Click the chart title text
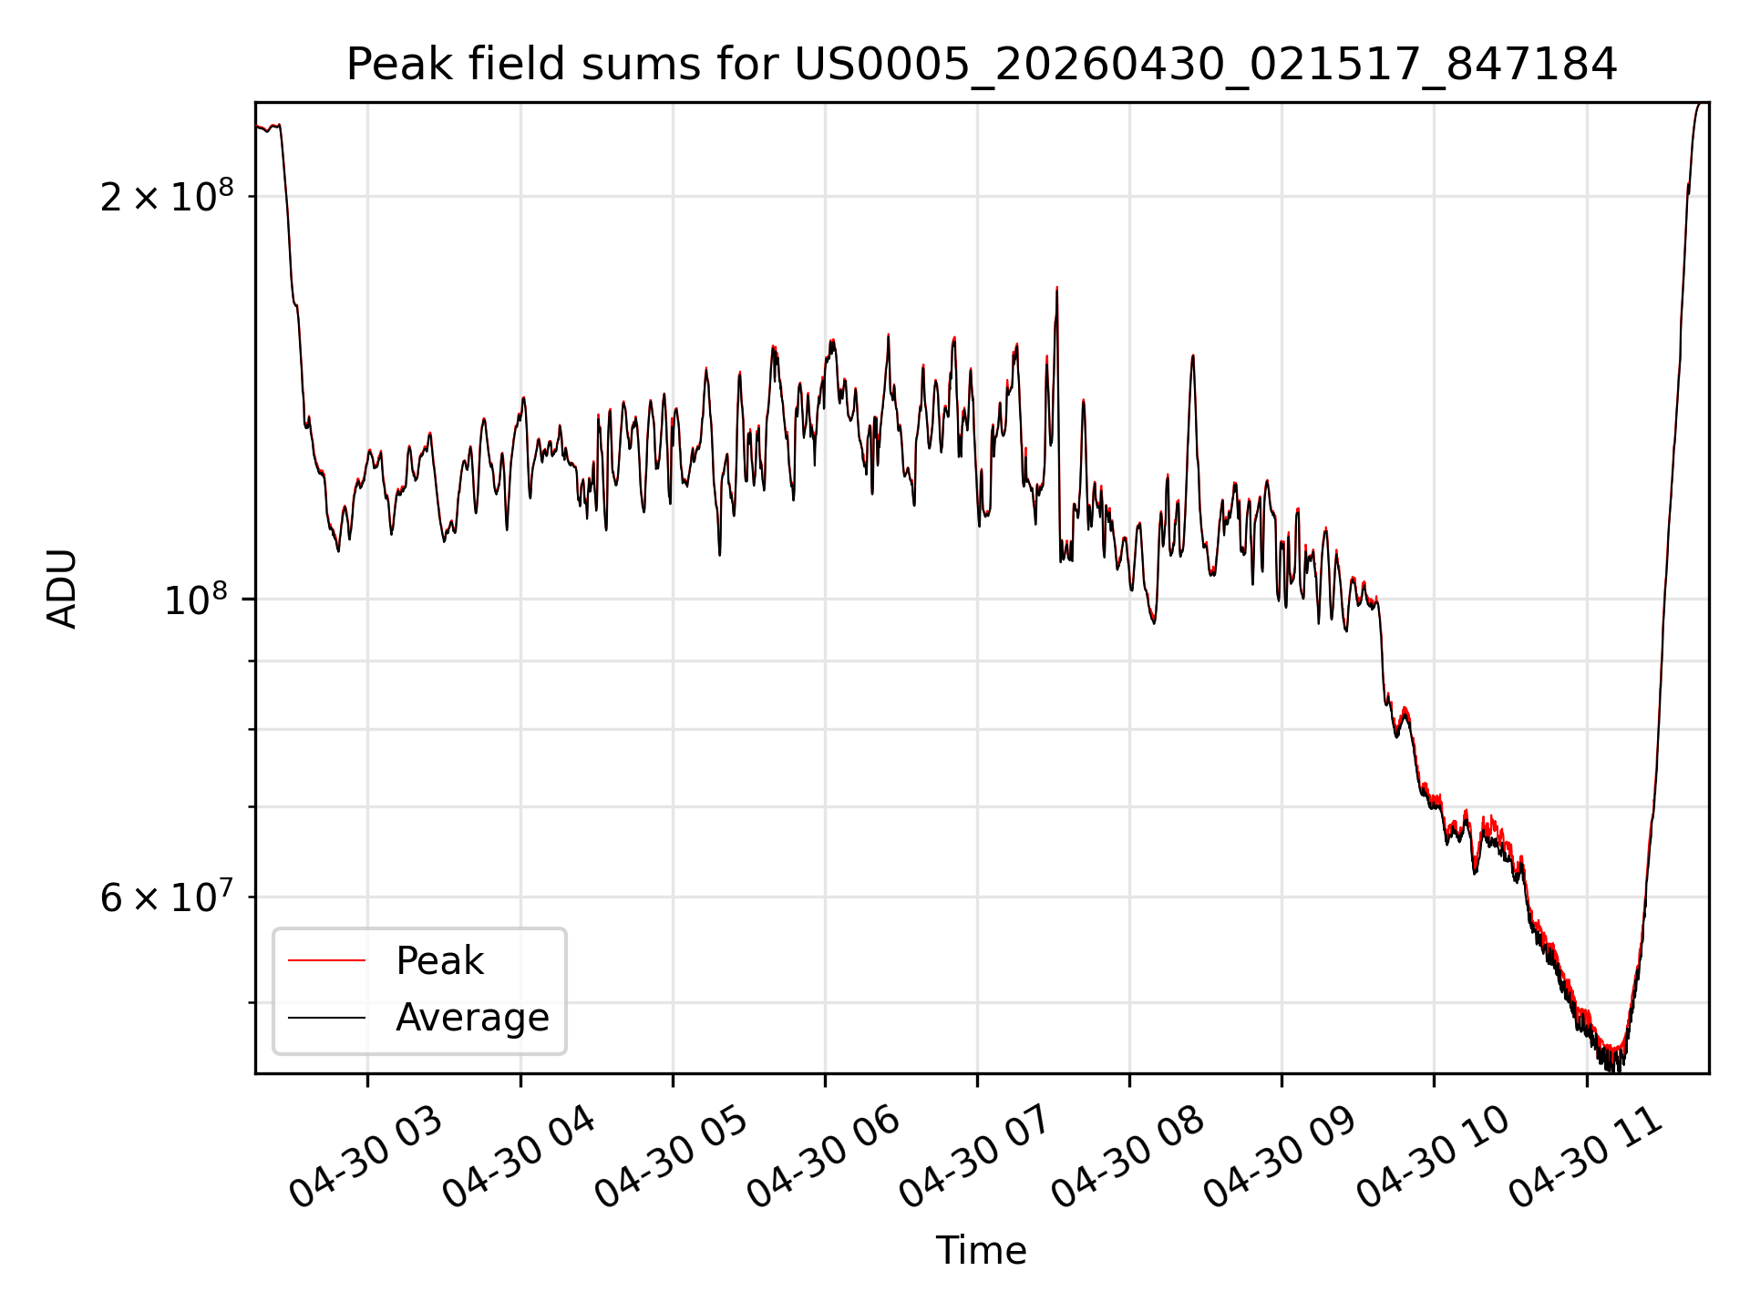coord(982,65)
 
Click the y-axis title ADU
coord(62,589)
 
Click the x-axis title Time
coord(982,1251)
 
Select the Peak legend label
coord(439,961)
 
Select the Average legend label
coord(472,1018)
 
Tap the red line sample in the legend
coord(326,960)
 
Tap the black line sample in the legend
coord(326,1018)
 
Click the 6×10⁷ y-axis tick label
coord(167,897)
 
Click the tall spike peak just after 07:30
coord(1057,288)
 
